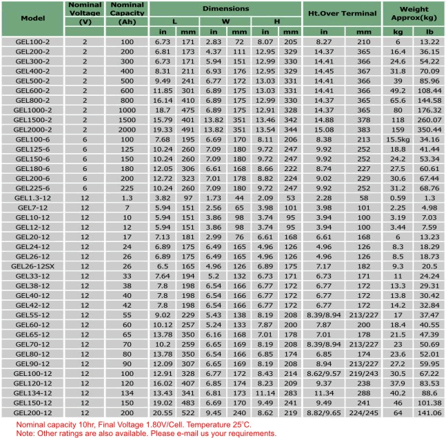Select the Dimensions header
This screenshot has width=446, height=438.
226,9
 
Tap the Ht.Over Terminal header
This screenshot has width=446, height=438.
342,13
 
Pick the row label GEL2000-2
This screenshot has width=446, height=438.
32,129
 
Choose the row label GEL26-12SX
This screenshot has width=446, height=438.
32,265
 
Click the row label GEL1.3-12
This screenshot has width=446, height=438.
32,197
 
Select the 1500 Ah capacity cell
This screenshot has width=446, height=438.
127,119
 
